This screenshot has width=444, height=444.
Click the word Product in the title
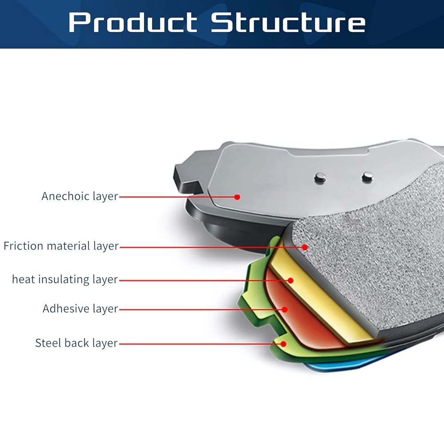pos(133,22)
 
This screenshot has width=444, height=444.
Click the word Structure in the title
pos(288,22)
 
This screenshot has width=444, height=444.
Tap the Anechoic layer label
pos(79,196)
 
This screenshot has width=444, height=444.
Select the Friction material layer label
pos(61,246)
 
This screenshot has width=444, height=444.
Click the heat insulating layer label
pos(64,279)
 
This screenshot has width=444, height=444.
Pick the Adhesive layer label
pos(80,309)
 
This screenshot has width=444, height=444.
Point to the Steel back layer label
pos(76,343)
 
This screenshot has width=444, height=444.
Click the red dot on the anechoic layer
pos(237,197)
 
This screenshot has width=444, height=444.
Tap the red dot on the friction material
pos(305,247)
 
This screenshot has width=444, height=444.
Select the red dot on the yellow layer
pos(290,281)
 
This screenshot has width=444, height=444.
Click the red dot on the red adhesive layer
pos(285,309)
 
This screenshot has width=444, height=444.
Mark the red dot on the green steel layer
pos(283,344)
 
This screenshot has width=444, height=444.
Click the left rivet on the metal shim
pos(320,178)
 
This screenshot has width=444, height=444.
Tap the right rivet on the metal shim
pos(368,177)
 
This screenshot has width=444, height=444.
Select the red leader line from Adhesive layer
pos(202,309)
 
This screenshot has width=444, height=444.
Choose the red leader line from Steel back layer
pos(201,344)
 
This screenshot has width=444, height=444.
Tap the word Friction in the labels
pos(23,246)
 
